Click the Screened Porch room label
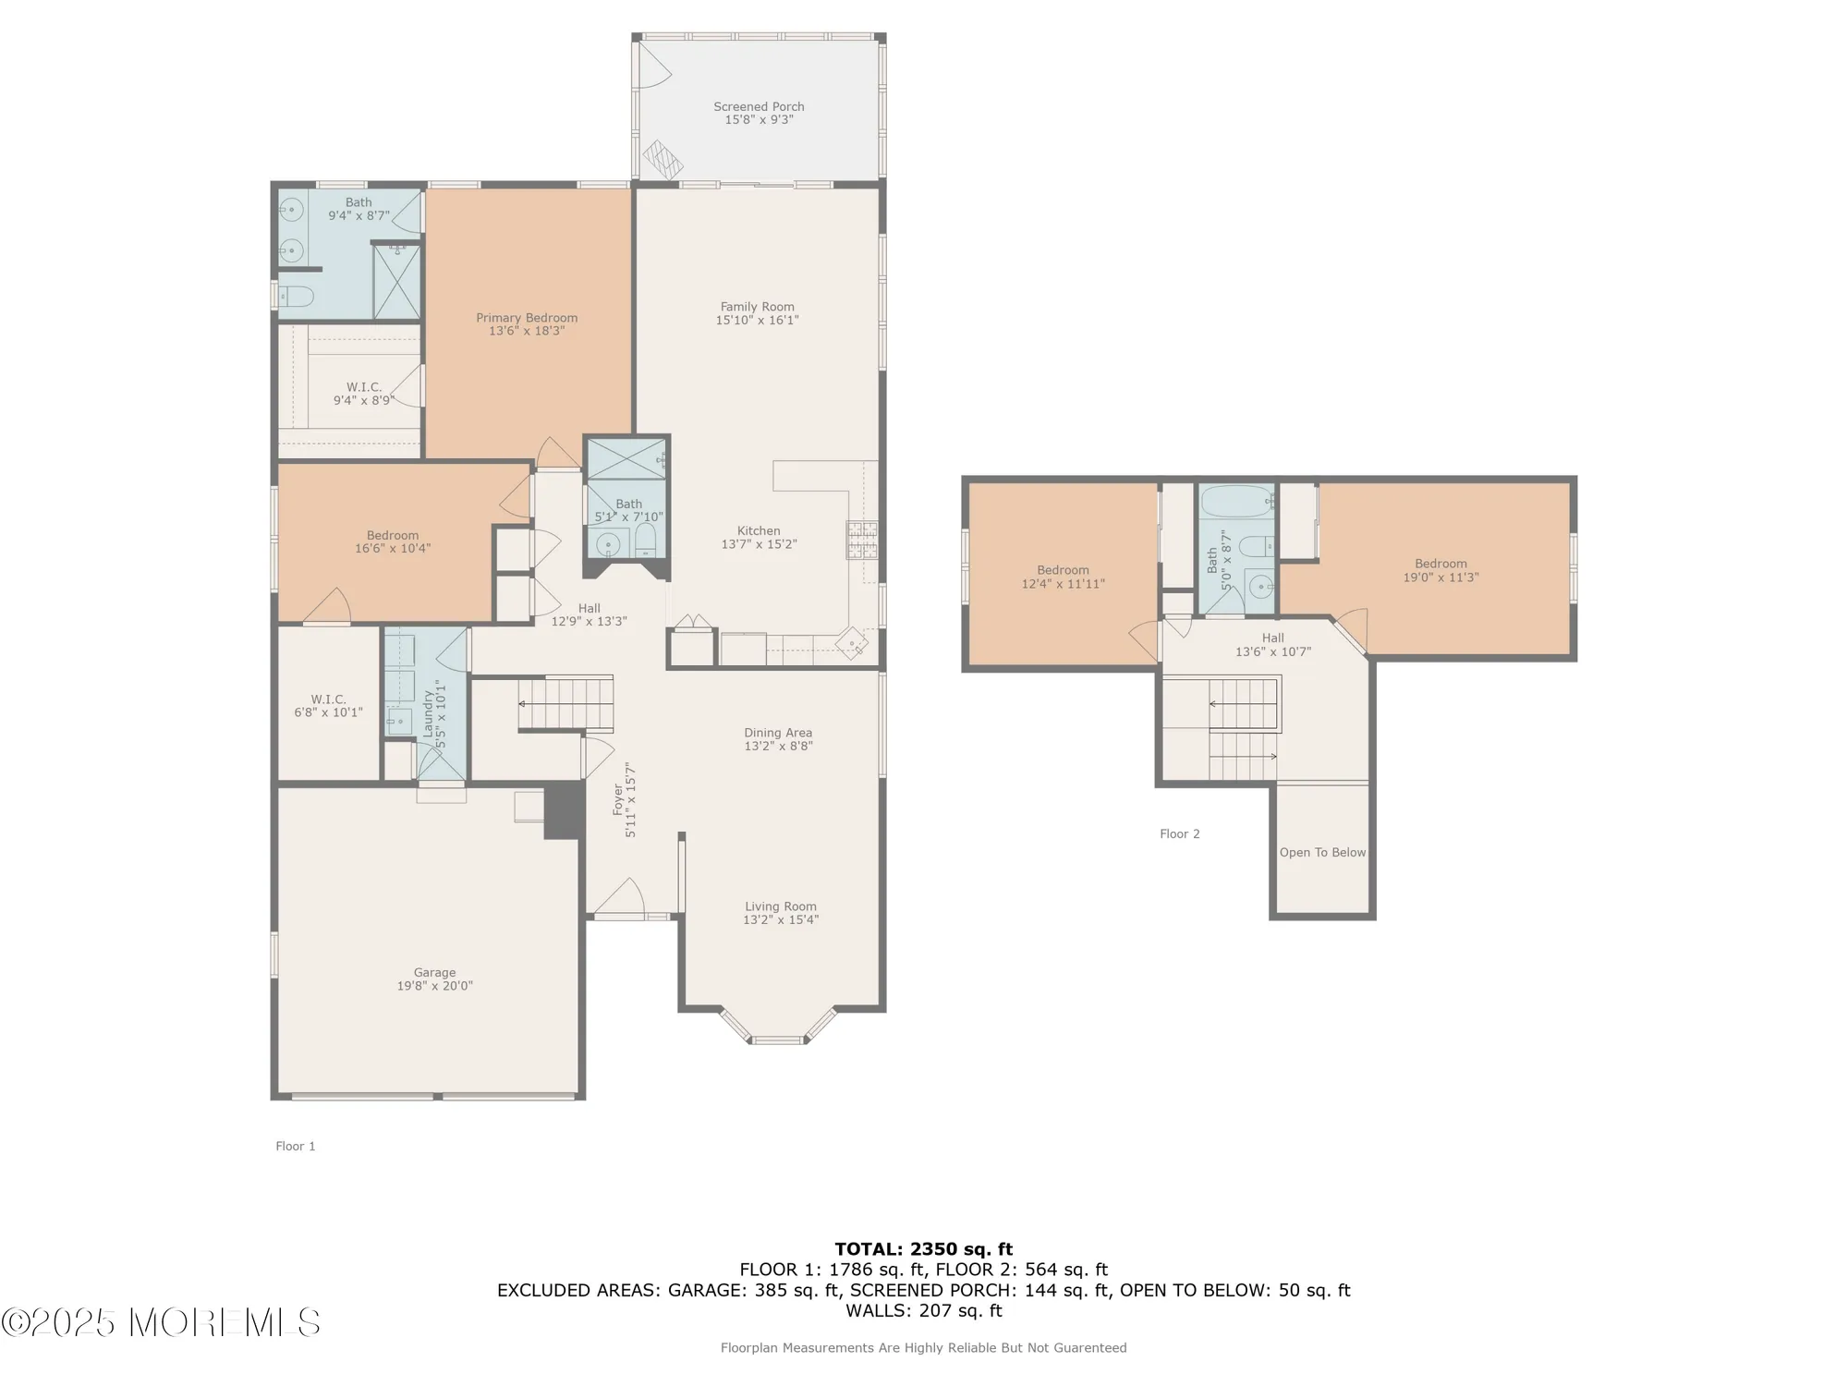(759, 107)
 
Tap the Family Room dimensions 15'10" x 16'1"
(757, 321)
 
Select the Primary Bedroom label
(527, 318)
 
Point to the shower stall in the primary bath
(396, 282)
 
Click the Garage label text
(434, 972)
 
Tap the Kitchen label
(759, 530)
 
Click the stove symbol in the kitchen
(861, 540)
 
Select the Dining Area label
(778, 733)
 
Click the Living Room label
(781, 906)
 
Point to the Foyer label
(618, 799)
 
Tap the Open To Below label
(1322, 852)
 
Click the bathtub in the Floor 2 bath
(1236, 502)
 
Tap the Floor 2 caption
(1180, 833)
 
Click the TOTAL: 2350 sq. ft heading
(924, 1249)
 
